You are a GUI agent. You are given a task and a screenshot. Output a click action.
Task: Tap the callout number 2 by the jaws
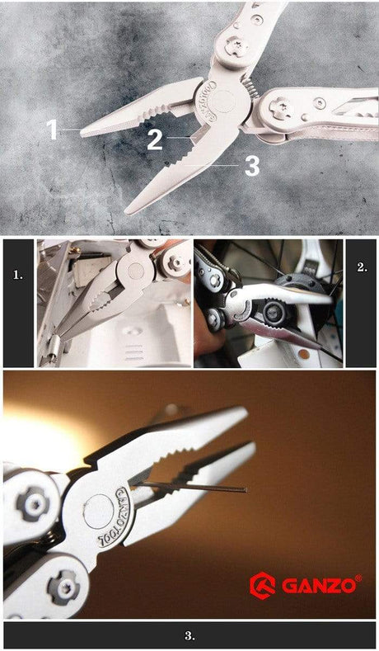point(154,139)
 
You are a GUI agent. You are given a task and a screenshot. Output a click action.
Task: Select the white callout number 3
point(252,165)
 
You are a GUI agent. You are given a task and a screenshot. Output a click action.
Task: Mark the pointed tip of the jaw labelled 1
point(82,130)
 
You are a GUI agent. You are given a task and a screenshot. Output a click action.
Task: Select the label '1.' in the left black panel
point(18,275)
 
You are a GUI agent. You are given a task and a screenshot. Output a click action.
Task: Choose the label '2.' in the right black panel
point(361,268)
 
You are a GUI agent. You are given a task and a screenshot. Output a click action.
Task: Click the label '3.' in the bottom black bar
point(189,635)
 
